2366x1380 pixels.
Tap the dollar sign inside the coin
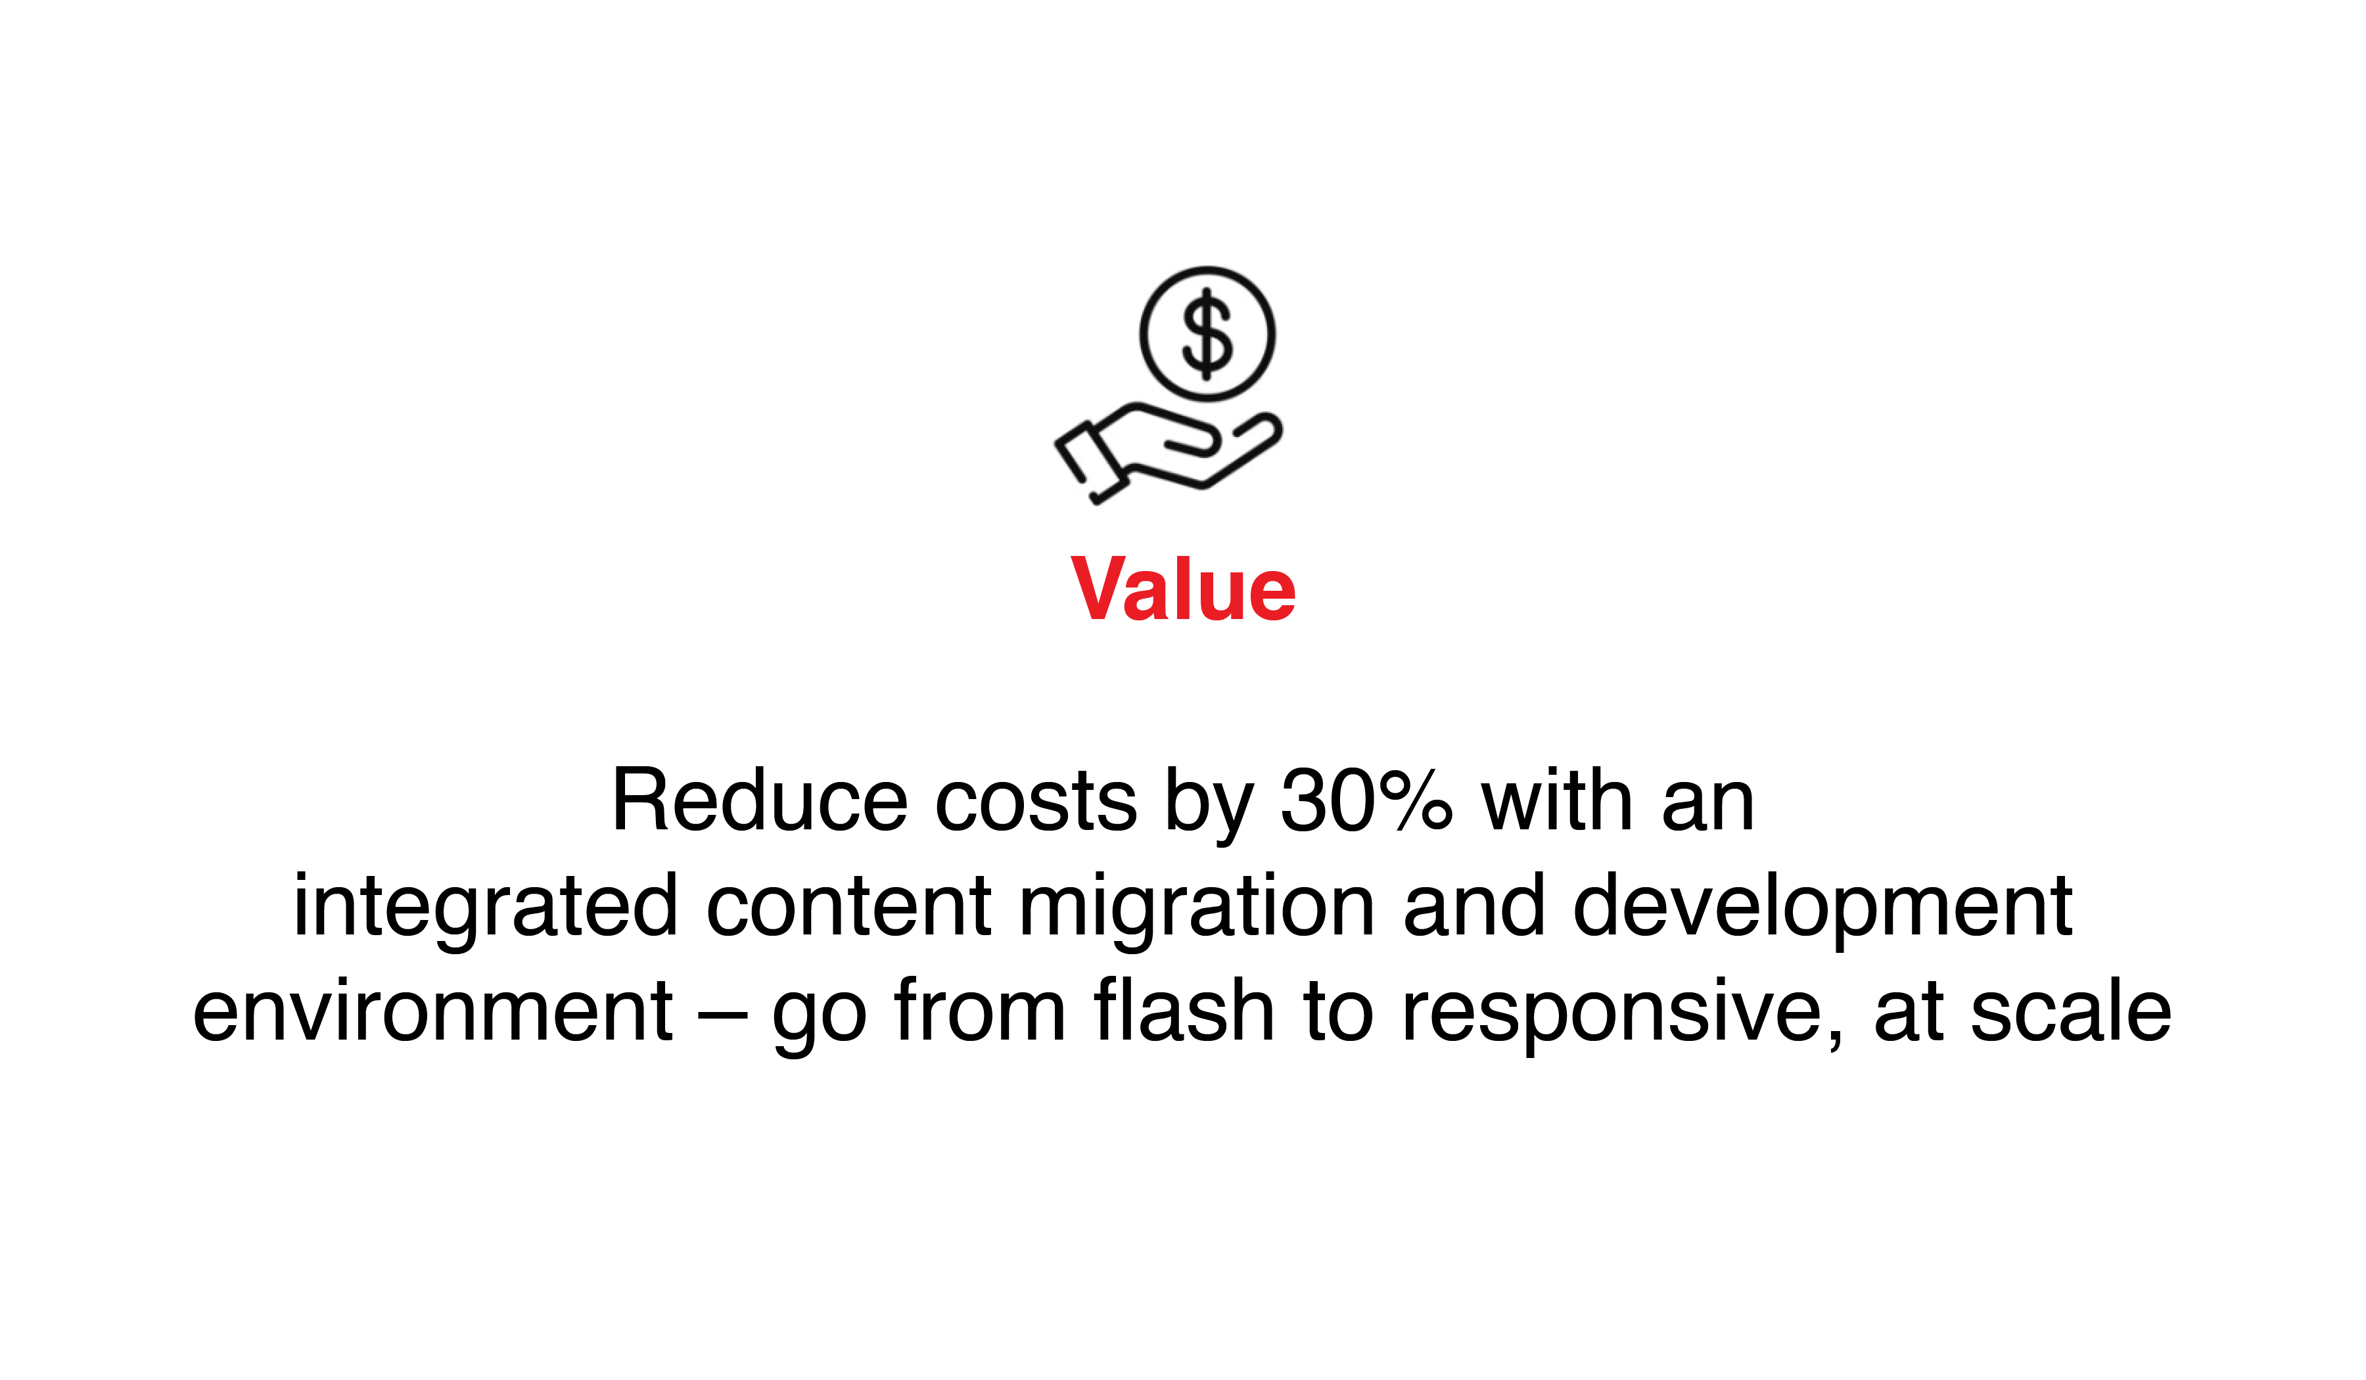1207,334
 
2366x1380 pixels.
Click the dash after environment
722,1017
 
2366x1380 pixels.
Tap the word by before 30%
1209,806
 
